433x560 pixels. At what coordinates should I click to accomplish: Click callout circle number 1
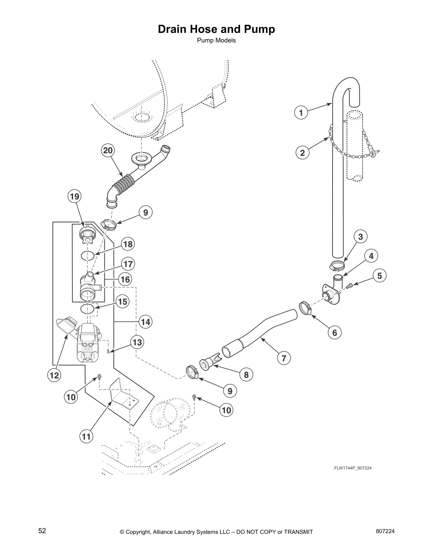pos(301,113)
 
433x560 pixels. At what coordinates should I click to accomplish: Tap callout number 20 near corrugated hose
pos(108,151)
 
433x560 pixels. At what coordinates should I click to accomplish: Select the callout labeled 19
pos(75,196)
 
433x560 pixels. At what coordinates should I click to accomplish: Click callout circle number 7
pos(284,358)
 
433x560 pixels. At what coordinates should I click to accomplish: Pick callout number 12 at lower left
pos(54,375)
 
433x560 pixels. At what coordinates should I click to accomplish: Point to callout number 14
pos(145,322)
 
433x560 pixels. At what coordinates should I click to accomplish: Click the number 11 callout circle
pos(86,437)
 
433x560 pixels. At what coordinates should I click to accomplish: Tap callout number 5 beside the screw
pos(380,275)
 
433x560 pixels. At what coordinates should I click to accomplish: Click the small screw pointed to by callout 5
pos(350,285)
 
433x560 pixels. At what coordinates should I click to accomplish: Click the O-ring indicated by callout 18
pos(87,256)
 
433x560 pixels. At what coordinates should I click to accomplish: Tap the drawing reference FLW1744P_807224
pos(353,468)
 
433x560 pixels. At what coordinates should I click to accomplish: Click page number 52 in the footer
pos(42,531)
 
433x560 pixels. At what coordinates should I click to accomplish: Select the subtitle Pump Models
pos(216,40)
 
